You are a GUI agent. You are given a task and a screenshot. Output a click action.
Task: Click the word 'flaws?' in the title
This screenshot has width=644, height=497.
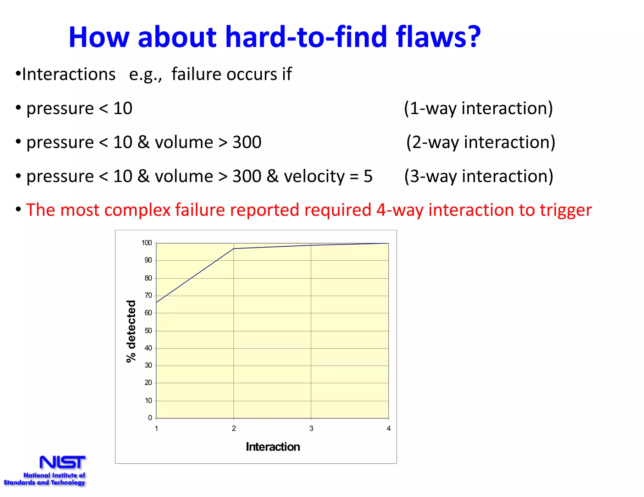(x=438, y=37)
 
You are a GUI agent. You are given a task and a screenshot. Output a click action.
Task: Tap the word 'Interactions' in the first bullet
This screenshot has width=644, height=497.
(x=69, y=74)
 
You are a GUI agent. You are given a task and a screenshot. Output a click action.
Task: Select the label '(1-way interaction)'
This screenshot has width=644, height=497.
(x=478, y=108)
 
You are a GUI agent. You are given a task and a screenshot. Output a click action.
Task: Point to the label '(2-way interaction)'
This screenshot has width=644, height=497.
(x=480, y=142)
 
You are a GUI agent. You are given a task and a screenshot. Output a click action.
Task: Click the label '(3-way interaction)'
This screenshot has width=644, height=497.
(x=478, y=176)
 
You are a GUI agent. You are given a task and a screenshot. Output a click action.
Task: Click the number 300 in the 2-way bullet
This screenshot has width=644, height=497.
(x=247, y=142)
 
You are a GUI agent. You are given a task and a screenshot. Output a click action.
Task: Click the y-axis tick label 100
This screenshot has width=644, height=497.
(x=147, y=243)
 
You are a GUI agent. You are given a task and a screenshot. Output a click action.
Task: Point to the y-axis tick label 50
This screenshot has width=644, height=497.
(x=148, y=330)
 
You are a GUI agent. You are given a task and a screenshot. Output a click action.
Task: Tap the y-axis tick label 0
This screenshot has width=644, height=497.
(x=150, y=418)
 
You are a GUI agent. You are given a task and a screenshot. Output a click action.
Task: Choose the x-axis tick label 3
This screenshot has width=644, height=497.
(x=311, y=429)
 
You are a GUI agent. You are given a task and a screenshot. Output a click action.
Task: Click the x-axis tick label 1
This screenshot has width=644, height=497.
(x=156, y=429)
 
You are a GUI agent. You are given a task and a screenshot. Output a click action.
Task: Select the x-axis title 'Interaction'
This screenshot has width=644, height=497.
(x=273, y=447)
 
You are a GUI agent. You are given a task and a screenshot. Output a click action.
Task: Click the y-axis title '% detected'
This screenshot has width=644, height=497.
(x=131, y=331)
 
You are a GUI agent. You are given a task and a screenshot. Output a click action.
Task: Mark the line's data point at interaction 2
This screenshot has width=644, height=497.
(x=234, y=248)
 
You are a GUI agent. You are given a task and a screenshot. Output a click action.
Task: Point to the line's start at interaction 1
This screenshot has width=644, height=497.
(x=157, y=303)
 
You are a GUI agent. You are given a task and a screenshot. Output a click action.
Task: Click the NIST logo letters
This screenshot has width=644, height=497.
(x=62, y=462)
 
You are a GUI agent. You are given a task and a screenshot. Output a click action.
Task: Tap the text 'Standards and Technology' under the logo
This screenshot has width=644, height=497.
(x=44, y=483)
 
